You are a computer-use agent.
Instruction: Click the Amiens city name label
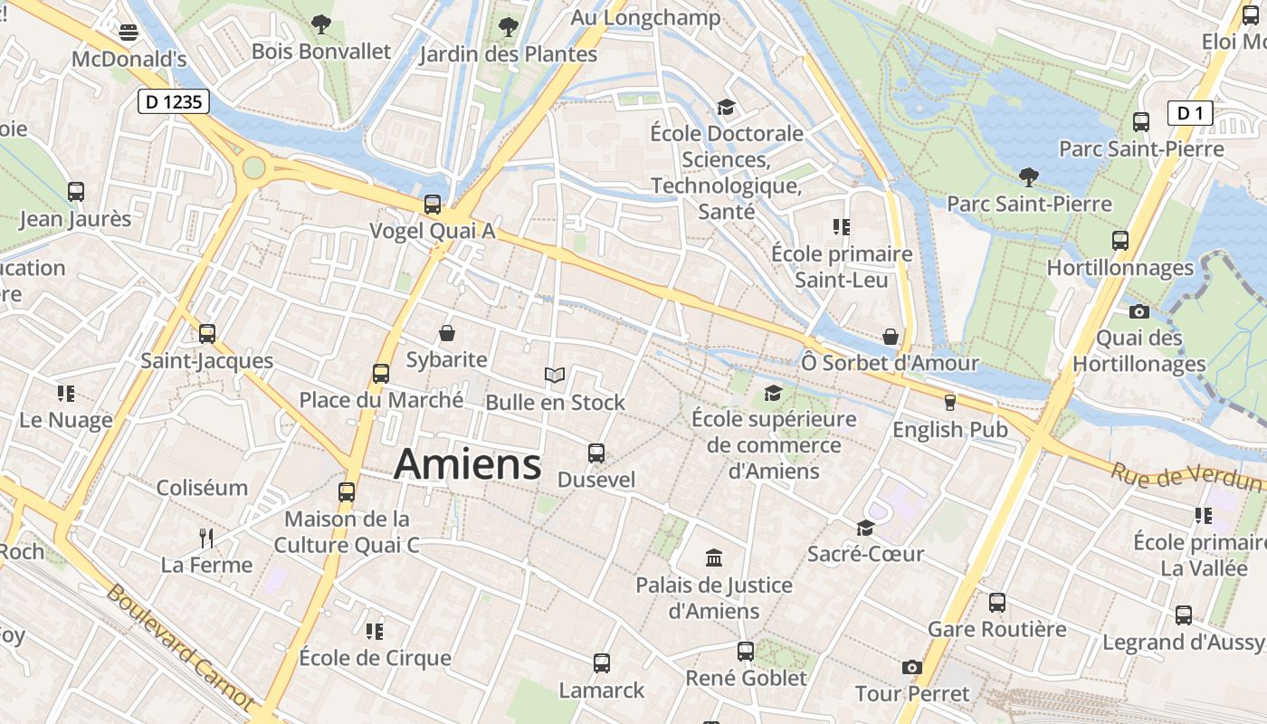468,464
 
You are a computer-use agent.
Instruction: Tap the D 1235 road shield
174,101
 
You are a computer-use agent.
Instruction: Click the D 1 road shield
1190,113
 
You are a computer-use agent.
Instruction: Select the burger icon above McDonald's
129,33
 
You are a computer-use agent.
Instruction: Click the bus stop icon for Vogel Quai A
433,205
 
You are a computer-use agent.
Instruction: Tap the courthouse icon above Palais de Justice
713,557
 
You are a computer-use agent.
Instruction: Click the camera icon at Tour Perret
911,668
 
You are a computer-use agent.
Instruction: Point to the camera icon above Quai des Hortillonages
1139,312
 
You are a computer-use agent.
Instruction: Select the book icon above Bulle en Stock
555,375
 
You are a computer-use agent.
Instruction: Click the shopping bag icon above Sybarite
447,333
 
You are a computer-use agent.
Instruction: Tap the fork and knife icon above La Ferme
206,538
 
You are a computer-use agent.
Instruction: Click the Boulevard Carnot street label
180,646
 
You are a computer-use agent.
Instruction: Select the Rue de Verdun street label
1186,476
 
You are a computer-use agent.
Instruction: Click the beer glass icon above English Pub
949,403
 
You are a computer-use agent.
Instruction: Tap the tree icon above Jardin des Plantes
509,27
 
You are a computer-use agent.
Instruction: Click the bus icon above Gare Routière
997,602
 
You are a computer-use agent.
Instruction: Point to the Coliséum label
202,488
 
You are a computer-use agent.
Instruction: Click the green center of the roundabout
254,167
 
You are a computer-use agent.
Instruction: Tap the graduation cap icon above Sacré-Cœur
866,528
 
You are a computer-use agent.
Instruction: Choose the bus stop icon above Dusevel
596,452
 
